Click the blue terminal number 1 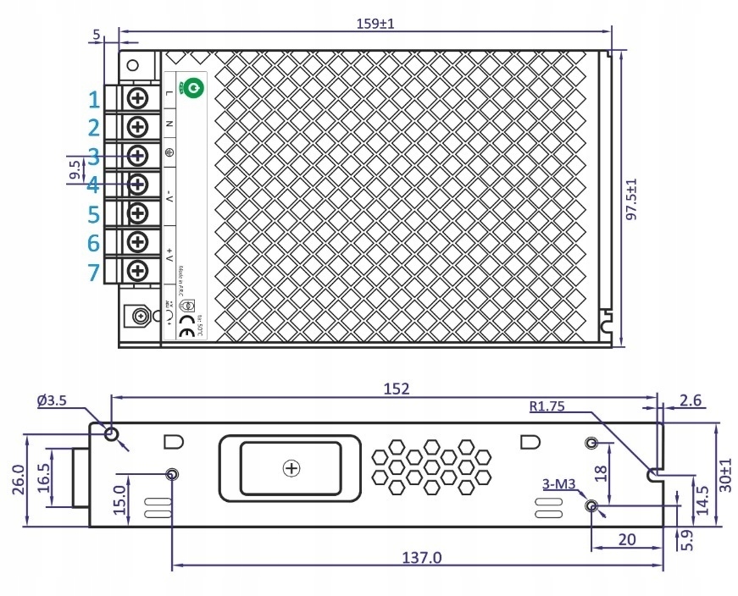94,100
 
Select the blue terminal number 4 94,185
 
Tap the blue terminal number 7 94,273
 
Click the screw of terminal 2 137,126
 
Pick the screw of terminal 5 137,212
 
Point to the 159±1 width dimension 374,24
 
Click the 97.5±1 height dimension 630,200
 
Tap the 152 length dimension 396,389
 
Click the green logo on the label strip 191,86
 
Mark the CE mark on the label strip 186,332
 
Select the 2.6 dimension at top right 691,400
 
